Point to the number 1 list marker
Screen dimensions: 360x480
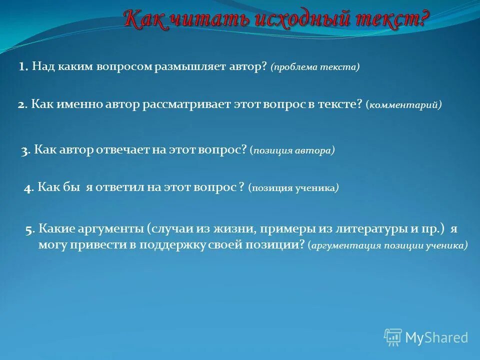point(22,67)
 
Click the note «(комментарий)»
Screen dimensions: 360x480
point(403,105)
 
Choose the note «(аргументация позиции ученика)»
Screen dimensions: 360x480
point(388,245)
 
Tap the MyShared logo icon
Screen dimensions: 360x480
point(393,337)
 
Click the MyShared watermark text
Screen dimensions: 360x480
point(436,338)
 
